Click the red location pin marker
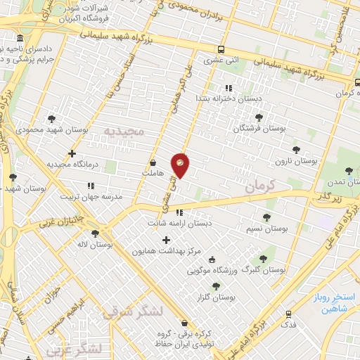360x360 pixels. pyautogui.click(x=180, y=165)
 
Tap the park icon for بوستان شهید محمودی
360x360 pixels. pyautogui.click(x=52, y=119)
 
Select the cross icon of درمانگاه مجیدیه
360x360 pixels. pyautogui.click(x=72, y=153)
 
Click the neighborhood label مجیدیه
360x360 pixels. pyautogui.click(x=124, y=131)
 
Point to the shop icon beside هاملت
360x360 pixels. pyautogui.click(x=153, y=163)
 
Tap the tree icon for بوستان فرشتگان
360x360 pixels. pyautogui.click(x=259, y=117)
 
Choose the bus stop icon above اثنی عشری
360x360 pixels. pyautogui.click(x=221, y=50)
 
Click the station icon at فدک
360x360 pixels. pyautogui.click(x=288, y=314)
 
